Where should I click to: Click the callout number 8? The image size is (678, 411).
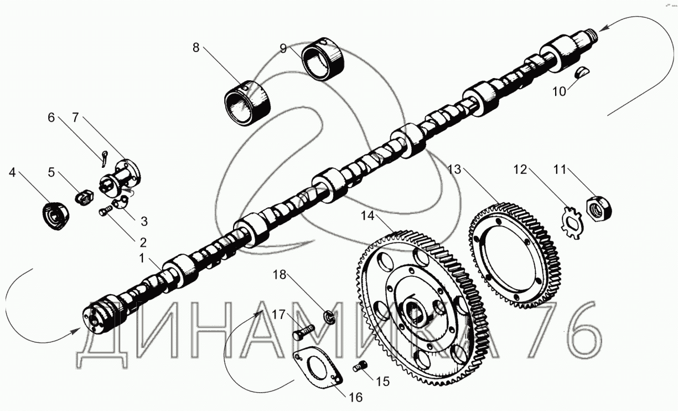point(195,48)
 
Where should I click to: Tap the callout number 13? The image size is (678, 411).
point(454,169)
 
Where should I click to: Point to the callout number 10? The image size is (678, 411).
point(560,91)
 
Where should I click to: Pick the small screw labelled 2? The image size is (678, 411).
point(104,211)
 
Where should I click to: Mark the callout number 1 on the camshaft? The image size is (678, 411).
point(142,258)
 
